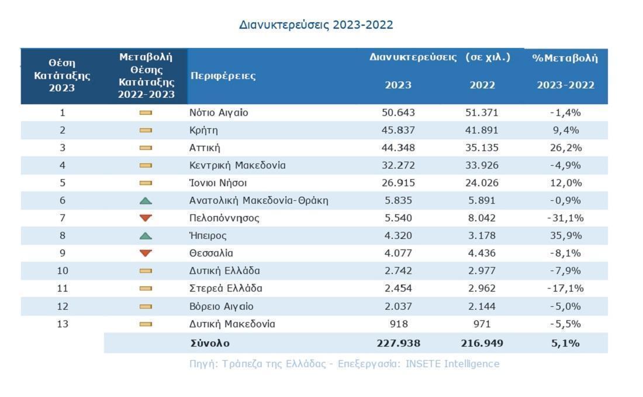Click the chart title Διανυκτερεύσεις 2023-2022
tap(316, 25)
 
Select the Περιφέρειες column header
tap(223, 76)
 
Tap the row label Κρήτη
tap(204, 130)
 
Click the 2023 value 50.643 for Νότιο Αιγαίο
tap(398, 112)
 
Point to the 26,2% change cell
tap(565, 148)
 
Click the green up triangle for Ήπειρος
tap(146, 236)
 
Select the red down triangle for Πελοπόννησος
tap(146, 218)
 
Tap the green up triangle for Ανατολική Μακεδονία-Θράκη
tap(146, 201)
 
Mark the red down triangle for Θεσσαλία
tap(146, 254)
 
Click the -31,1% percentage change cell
tap(565, 218)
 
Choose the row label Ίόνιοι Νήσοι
tap(214, 183)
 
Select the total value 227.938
tap(398, 343)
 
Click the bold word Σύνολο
tap(210, 343)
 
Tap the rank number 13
tap(63, 324)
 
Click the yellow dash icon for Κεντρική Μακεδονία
tap(146, 166)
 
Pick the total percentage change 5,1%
tap(565, 343)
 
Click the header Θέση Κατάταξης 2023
tap(62, 76)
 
